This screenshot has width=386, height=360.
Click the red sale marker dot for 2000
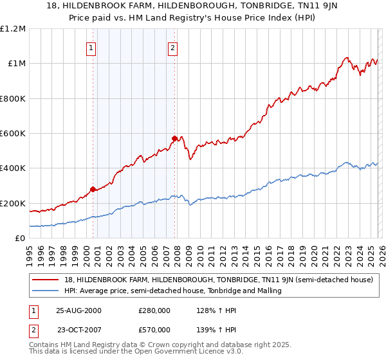[93, 189]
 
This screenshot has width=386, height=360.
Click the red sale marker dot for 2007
[174, 138]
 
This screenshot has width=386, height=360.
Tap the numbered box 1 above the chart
[91, 47]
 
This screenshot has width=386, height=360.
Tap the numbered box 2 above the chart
[173, 47]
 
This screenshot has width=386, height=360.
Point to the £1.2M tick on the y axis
[14, 29]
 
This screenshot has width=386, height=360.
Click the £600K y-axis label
[12, 134]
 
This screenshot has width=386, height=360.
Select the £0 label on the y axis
[19, 238]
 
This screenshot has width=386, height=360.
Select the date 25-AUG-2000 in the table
[78, 310]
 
